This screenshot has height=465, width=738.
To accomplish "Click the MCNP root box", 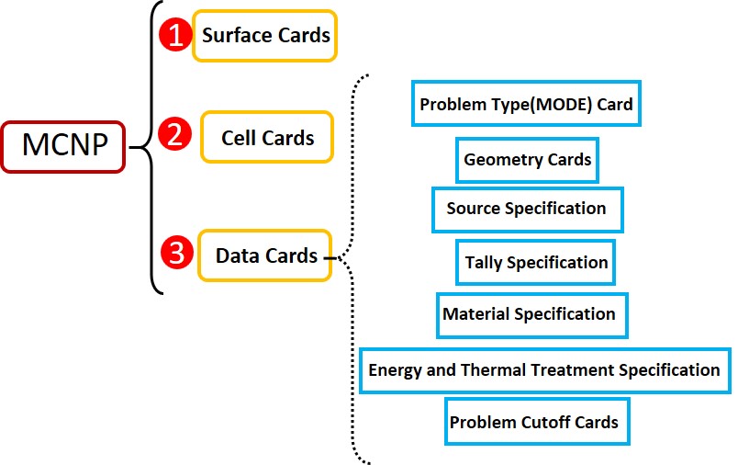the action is tap(63, 146).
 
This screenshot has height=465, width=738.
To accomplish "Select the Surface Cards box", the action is tap(264, 36).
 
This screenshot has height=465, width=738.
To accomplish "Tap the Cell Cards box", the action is tap(267, 137).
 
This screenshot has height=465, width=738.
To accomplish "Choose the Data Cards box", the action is tap(265, 255).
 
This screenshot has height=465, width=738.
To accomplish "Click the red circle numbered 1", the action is tap(175, 34).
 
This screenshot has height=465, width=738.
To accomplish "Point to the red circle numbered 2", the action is tap(174, 134).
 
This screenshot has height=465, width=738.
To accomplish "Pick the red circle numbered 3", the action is tap(176, 252).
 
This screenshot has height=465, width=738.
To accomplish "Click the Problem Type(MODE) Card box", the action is tap(526, 104).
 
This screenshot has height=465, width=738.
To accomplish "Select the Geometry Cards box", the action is tap(527, 160).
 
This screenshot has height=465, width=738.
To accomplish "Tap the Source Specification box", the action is tap(528, 210).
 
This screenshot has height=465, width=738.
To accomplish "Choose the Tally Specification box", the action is tap(536, 263).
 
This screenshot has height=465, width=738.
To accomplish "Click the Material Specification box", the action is tap(532, 315).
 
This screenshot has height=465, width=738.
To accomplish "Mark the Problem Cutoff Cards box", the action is tap(537, 421).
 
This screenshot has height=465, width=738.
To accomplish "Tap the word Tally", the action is tap(484, 264).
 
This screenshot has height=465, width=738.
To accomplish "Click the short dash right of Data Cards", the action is tap(330, 258).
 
